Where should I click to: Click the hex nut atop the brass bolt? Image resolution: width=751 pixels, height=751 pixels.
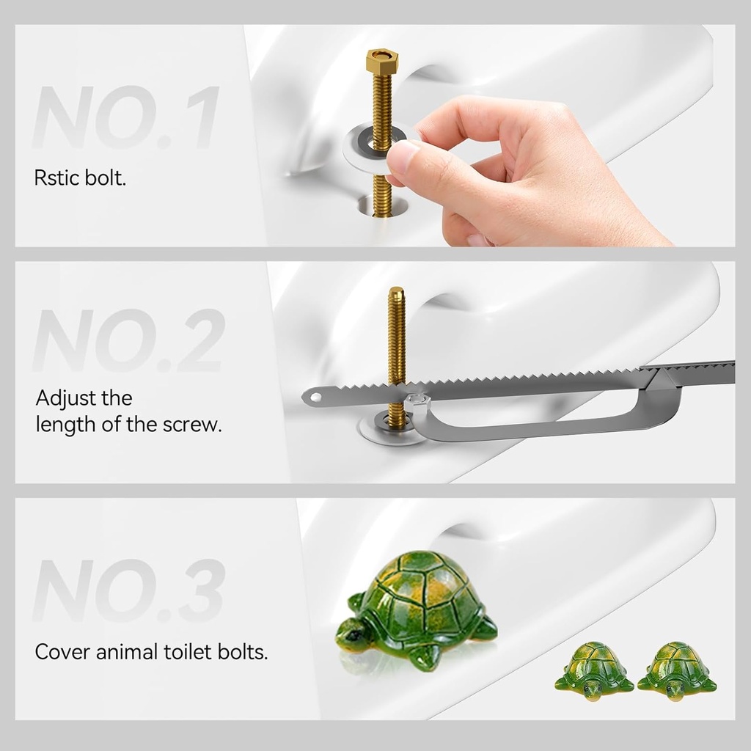(x=380, y=59)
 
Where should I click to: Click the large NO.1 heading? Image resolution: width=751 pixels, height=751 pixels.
(x=125, y=118)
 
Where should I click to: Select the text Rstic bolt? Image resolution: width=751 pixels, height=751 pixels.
(x=80, y=178)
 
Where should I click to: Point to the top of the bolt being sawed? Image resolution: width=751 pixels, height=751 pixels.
(x=396, y=292)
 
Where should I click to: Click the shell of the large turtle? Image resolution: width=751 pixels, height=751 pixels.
(x=418, y=598)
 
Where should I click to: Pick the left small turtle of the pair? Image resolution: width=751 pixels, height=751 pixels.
(x=593, y=667)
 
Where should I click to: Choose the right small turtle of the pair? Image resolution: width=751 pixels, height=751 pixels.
(x=675, y=667)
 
